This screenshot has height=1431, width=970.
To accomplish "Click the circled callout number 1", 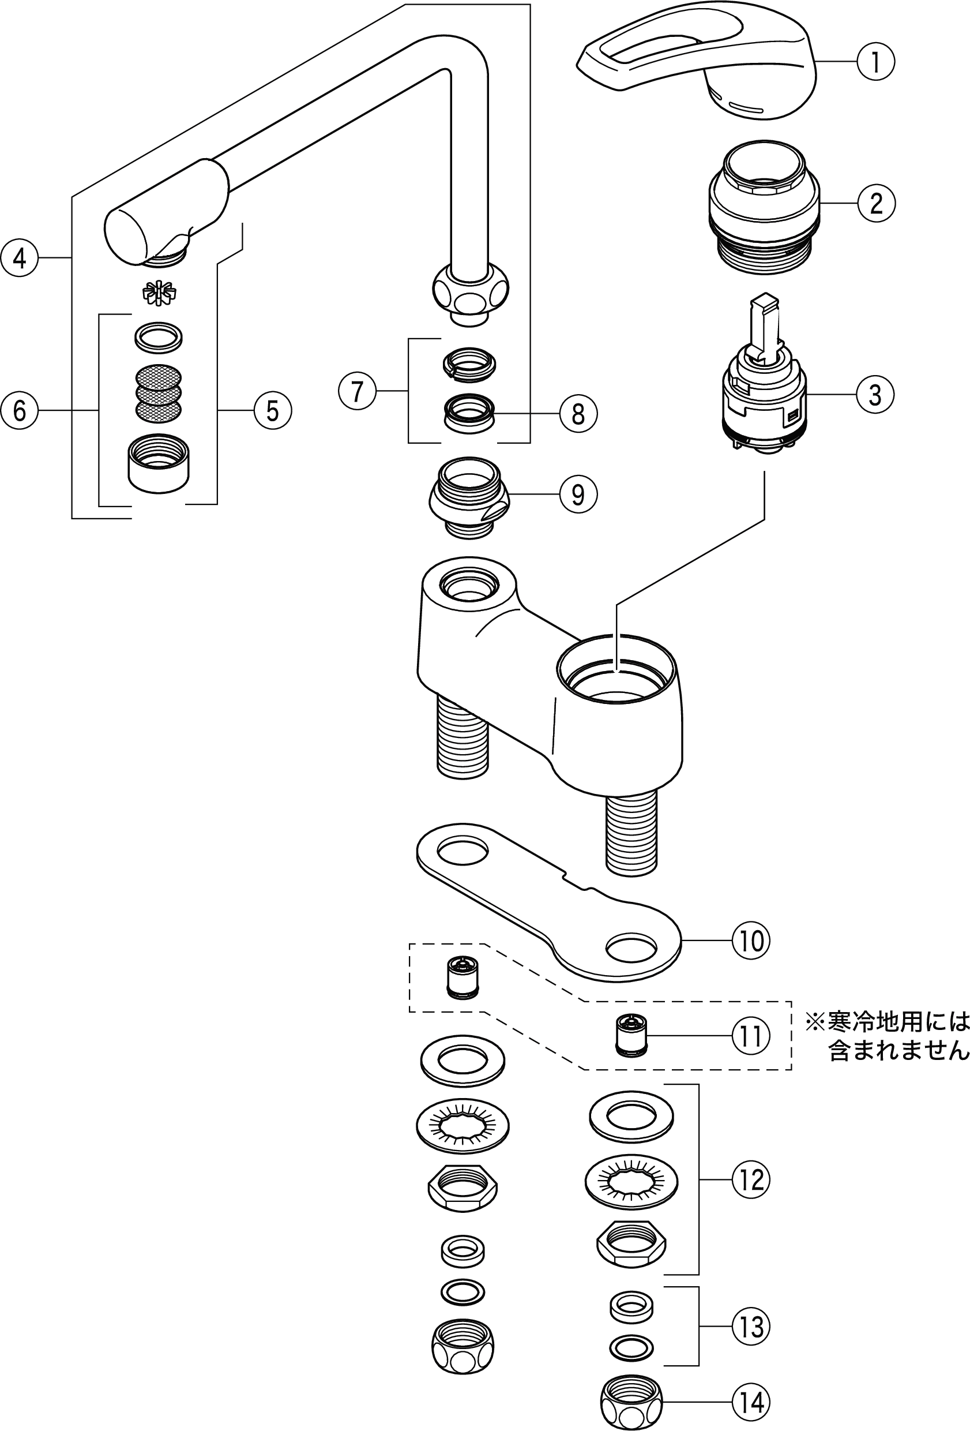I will click(x=875, y=62).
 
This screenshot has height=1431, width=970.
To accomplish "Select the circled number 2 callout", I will click(x=876, y=203).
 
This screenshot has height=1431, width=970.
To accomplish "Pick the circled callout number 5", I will click(x=273, y=411).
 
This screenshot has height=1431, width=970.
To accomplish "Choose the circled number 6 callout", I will click(x=20, y=411).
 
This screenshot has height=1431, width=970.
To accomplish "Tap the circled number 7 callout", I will click(x=358, y=391).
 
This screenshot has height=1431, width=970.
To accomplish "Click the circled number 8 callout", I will click(x=578, y=414).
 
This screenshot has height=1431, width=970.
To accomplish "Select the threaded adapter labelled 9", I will click(x=469, y=497).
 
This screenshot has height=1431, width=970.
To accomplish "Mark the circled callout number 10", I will click(x=751, y=941).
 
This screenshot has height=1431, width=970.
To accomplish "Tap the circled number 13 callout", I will click(x=751, y=1327).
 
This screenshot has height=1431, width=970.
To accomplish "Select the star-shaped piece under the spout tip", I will click(x=159, y=293).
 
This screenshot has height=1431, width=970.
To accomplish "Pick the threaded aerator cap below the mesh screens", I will click(x=159, y=464).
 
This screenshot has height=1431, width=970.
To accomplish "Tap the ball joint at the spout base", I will click(x=471, y=288).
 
